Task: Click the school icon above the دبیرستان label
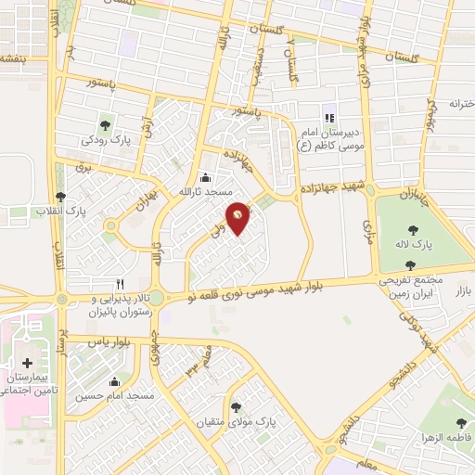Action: (x=328, y=118)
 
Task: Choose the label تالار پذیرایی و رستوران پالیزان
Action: (x=118, y=306)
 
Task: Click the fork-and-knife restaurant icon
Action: (x=119, y=283)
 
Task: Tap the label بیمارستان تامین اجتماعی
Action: (x=28, y=385)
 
